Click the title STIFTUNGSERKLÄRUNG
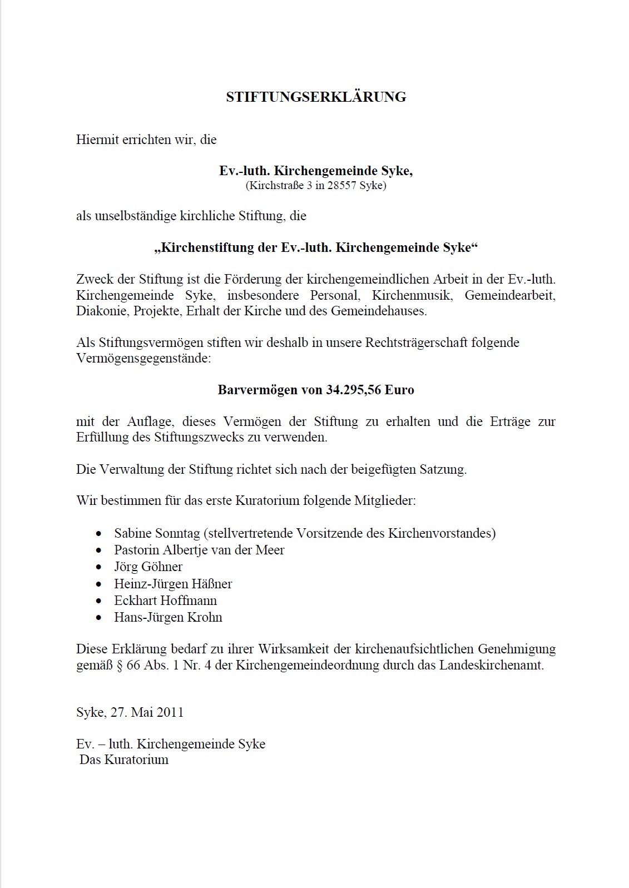click(x=316, y=97)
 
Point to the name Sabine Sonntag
click(x=157, y=533)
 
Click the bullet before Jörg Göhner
click(x=99, y=567)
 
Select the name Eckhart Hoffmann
click(x=165, y=601)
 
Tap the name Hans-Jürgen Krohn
click(x=168, y=617)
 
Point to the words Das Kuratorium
click(x=124, y=760)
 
